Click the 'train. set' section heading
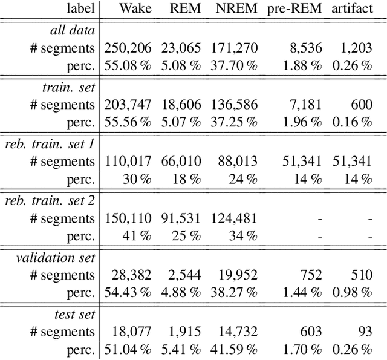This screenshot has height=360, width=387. click(x=70, y=87)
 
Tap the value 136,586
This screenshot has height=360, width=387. click(x=234, y=105)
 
